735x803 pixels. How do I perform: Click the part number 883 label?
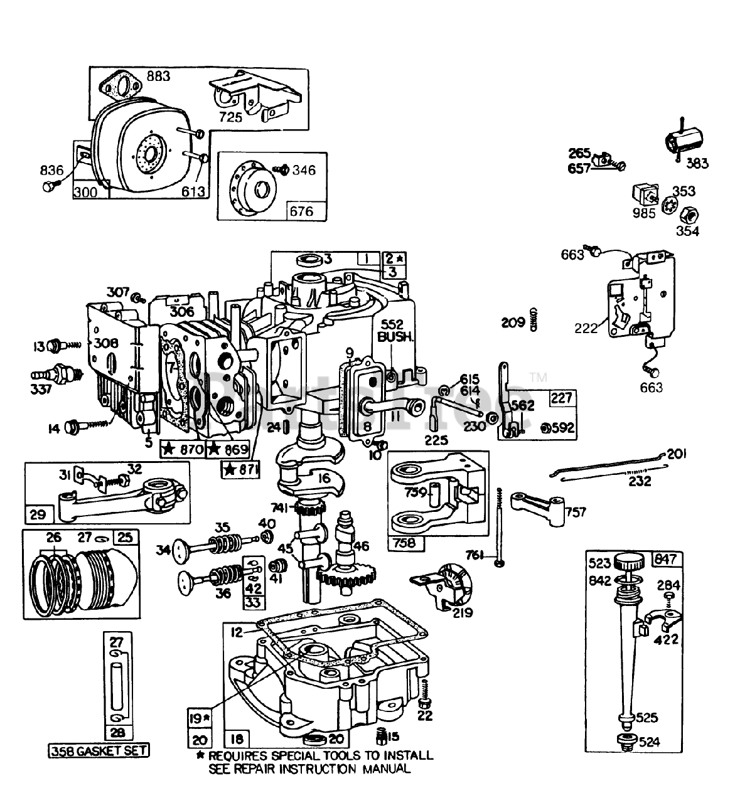[x=158, y=77]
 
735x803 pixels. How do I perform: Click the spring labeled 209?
[x=535, y=318]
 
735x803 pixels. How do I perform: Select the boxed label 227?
[x=561, y=398]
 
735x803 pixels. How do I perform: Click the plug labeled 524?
[x=625, y=741]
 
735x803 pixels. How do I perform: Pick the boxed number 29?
[x=38, y=514]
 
